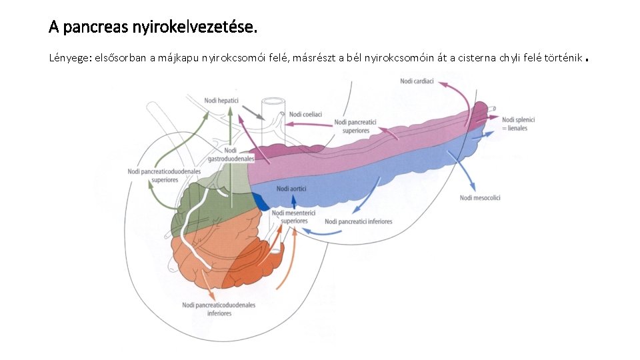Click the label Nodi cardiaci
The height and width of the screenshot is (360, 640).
[417, 81]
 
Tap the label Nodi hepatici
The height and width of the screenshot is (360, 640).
[220, 100]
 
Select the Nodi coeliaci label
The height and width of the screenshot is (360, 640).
[306, 115]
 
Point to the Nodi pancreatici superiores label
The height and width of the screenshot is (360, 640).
[356, 127]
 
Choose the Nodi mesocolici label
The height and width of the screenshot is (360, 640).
[480, 197]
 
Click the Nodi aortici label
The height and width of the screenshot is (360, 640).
[291, 189]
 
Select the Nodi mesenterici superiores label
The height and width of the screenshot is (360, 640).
[294, 217]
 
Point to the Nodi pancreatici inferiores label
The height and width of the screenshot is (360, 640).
[358, 221]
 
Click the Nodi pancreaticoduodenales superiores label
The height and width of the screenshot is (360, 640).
[163, 176]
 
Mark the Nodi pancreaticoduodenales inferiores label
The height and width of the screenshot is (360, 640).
[219, 309]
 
